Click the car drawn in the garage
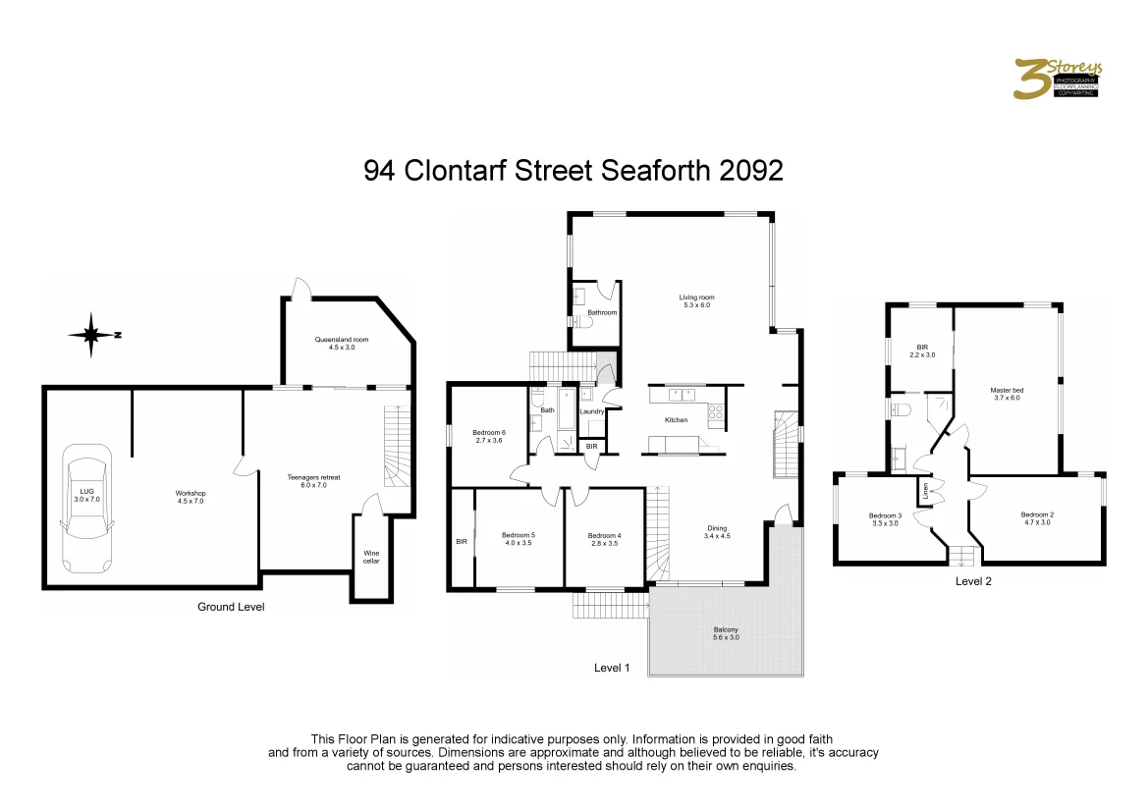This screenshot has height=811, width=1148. click(x=87, y=509)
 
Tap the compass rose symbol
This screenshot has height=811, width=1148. click(x=91, y=335)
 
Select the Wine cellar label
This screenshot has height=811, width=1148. click(x=371, y=558)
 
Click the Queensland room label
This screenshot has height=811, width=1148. click(x=335, y=343)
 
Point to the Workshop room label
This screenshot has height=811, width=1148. click(x=191, y=497)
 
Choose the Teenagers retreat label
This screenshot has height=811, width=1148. click(x=313, y=481)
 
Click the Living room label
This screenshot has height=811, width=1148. click(x=696, y=300)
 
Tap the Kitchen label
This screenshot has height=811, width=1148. click(x=676, y=419)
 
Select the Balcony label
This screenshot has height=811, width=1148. click(x=726, y=633)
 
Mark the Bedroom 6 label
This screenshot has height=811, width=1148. click(x=488, y=436)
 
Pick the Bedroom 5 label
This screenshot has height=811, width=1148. click(x=519, y=539)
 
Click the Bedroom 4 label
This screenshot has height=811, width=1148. click(x=603, y=539)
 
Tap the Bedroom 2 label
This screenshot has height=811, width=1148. click(x=1036, y=518)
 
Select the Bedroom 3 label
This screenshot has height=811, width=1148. click(x=885, y=519)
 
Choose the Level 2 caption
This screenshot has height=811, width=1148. click(x=974, y=581)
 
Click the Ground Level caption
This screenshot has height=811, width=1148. click(x=231, y=607)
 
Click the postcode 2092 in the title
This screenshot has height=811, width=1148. click(x=751, y=171)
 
